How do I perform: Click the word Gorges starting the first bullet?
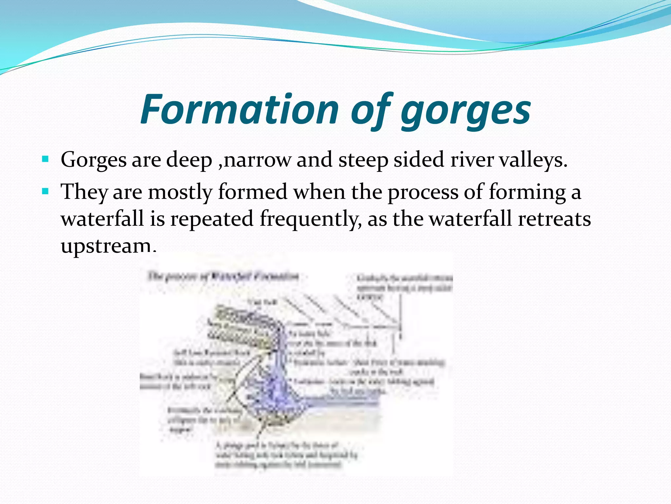pyautogui.click(x=94, y=160)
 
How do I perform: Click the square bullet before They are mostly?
pyautogui.click(x=46, y=191)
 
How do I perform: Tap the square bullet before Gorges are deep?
pyautogui.click(x=46, y=160)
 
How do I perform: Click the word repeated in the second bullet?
pyautogui.click(x=212, y=219)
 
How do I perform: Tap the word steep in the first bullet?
pyautogui.click(x=363, y=160)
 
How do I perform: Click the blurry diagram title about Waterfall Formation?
pyautogui.click(x=223, y=276)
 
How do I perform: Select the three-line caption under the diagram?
pyautogui.click(x=285, y=455)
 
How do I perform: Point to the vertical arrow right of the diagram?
pyautogui.click(x=400, y=315)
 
